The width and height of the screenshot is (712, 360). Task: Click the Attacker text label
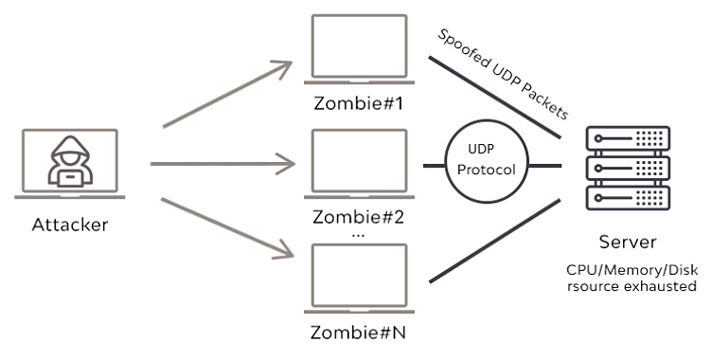(70, 225)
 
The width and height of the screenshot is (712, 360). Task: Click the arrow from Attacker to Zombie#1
(227, 95)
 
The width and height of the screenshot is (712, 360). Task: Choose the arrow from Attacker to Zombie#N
(227, 227)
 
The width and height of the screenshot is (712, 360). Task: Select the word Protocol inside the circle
(486, 171)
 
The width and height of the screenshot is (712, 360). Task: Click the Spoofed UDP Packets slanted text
(502, 73)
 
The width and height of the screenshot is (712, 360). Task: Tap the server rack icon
(627, 170)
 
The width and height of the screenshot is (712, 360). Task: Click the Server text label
(627, 242)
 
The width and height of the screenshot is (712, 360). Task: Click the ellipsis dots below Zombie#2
(358, 233)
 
